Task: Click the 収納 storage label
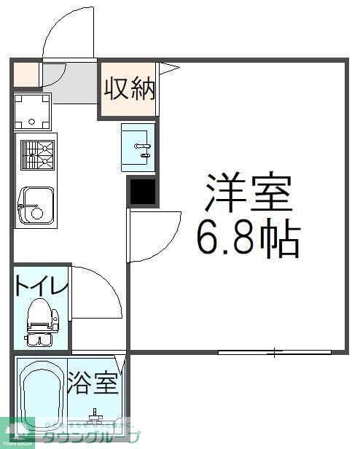tap(130, 90)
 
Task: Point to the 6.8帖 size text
tap(248, 238)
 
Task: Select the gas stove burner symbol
tap(36, 155)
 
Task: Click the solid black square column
tap(142, 192)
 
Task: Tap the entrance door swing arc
tap(67, 33)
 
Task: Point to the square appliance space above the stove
tap(34, 111)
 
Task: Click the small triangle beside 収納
tap(168, 69)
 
